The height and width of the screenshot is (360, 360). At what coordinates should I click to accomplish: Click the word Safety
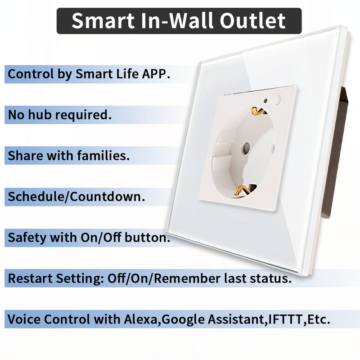pyautogui.click(x=27, y=238)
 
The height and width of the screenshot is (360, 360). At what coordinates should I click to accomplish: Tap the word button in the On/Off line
pyautogui.click(x=147, y=238)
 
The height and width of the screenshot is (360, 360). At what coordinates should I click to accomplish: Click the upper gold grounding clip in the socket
pyautogui.click(x=258, y=110)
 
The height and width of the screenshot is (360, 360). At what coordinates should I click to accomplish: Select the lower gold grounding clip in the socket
pyautogui.click(x=243, y=190)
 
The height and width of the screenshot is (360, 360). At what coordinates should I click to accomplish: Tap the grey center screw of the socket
pyautogui.click(x=247, y=147)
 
